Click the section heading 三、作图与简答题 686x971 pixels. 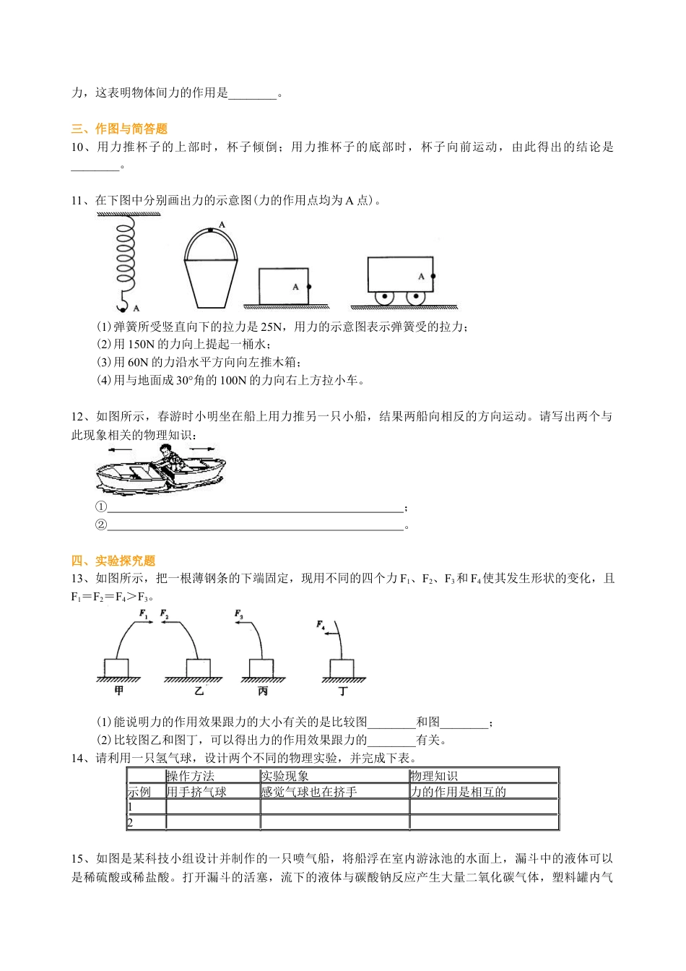pos(119,129)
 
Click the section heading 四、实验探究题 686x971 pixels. pos(113,561)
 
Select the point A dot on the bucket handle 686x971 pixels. pos(210,230)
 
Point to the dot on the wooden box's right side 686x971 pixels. pos(309,287)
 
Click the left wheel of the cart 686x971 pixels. pos(384,297)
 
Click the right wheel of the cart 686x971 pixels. pos(415,297)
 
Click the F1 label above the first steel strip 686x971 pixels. pos(144,614)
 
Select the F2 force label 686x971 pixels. pos(165,614)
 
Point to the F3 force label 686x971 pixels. pos(239,614)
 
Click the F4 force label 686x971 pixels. pos(321,624)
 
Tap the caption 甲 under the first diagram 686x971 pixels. pos(119,691)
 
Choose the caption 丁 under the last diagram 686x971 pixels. pos(343,691)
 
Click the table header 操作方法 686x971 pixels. pos(191,776)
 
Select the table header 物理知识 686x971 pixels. pos(433,776)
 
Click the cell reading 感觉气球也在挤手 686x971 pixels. pos(309,792)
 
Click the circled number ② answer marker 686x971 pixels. pos(101,525)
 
